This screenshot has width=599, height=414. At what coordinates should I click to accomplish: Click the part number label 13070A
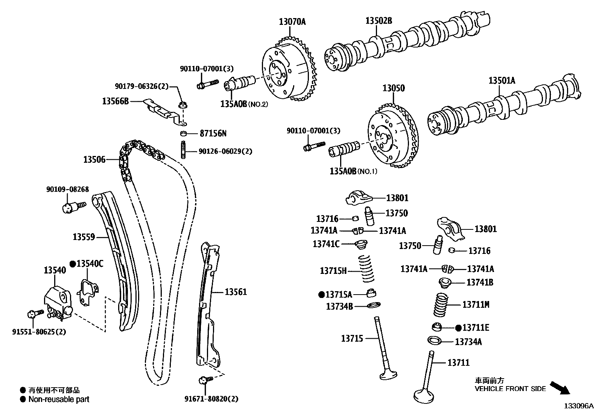pos(292,21)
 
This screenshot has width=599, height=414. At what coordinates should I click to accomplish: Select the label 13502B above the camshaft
pos(379,21)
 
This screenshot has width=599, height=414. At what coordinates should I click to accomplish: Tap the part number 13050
pos(394,88)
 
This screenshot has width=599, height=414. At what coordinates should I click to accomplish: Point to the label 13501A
pos(502,80)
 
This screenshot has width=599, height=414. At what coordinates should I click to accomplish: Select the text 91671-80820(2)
pos(211,399)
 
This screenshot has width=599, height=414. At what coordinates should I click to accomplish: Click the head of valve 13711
pos(424,396)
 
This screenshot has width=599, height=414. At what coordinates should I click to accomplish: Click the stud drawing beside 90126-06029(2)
pos(183,150)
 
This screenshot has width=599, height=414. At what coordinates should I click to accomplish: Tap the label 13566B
pos(115,101)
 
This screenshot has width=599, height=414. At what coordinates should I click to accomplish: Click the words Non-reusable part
pos(59,399)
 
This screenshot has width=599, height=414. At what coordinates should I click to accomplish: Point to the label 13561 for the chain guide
pos(236,292)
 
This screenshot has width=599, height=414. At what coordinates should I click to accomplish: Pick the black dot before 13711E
pos(458,328)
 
